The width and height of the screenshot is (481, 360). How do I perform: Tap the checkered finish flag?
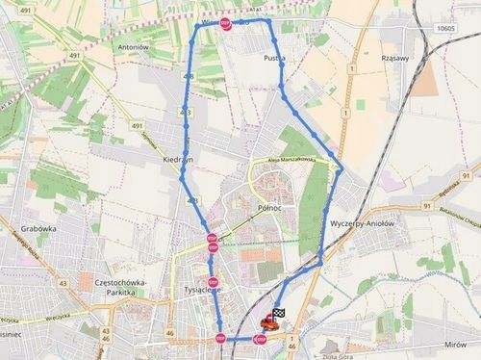coord(280,314)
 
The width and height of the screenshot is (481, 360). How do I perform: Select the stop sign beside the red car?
coord(259,339)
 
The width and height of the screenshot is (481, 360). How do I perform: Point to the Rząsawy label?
coord(396,56)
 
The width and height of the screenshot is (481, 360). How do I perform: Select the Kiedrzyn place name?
coord(179,158)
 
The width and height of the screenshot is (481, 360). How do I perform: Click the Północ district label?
coord(269,207)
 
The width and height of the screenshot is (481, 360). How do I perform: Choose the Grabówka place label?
coord(38,230)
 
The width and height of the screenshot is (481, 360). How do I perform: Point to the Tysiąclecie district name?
coord(203,289)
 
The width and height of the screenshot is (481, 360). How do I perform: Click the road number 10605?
coord(444,29)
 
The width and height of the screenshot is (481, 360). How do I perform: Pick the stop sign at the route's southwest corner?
coord(221,338)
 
